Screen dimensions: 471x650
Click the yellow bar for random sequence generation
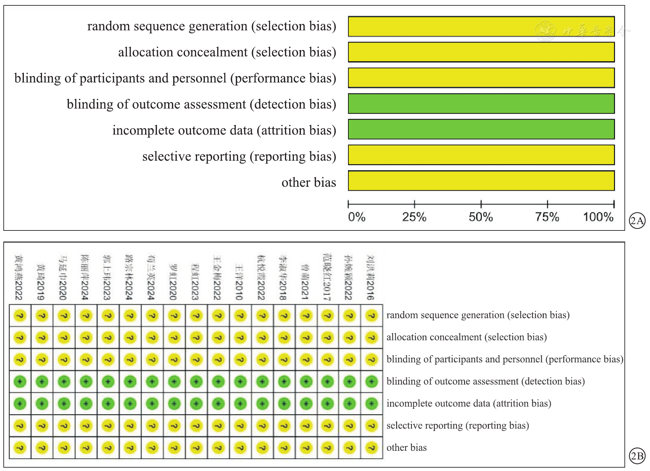point(481,27)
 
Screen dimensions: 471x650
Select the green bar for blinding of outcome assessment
point(481,104)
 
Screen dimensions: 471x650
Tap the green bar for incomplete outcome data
point(481,130)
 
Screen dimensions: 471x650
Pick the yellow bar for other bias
point(481,181)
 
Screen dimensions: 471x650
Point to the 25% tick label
point(414,217)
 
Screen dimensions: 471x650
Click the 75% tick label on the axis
point(547,217)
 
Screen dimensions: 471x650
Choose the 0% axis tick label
point(357,217)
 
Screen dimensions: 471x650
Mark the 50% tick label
point(481,217)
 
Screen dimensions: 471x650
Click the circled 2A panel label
point(637,221)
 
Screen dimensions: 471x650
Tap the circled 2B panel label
point(637,456)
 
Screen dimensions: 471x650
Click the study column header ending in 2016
point(371,277)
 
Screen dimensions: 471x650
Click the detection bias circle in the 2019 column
point(42,382)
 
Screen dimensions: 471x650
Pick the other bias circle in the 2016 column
point(372,448)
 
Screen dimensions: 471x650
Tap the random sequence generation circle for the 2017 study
point(328,316)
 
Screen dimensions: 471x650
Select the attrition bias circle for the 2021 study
point(306,404)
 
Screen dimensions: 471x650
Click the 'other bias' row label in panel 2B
point(407,448)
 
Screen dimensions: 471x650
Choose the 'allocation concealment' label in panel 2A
point(227,52)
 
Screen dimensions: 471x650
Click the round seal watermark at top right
point(545,31)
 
